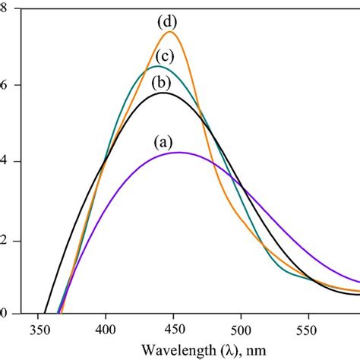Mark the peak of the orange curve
(x=170, y=32)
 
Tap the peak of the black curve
(x=161, y=93)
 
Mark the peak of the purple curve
(x=178, y=153)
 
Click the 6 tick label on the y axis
(x=4, y=85)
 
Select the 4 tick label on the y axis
(x=4, y=162)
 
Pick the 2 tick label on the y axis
(x=4, y=241)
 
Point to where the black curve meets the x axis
(x=45, y=312)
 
